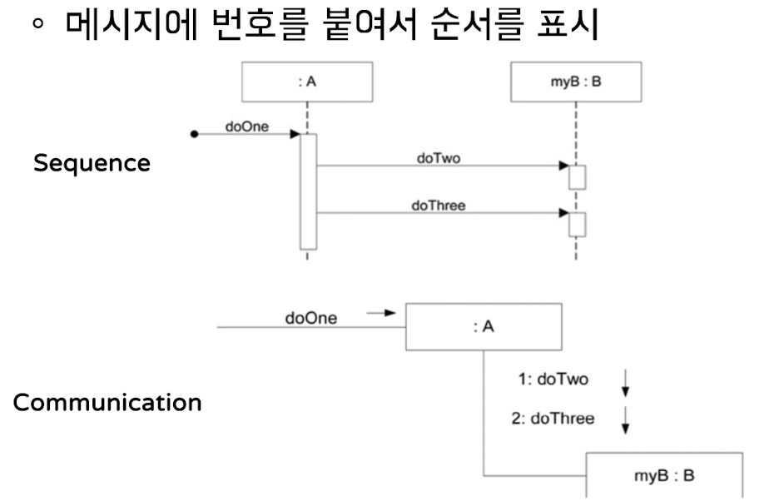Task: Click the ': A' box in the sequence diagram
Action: (307, 83)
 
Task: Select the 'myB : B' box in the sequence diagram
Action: (576, 83)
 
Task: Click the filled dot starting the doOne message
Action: (194, 134)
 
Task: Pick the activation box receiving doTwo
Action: (577, 177)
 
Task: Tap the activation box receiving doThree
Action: (577, 224)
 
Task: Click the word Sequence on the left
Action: (92, 164)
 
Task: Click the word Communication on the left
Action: (107, 404)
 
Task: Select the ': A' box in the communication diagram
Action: (483, 327)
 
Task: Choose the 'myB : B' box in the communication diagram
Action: (664, 475)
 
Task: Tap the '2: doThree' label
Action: (553, 418)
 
